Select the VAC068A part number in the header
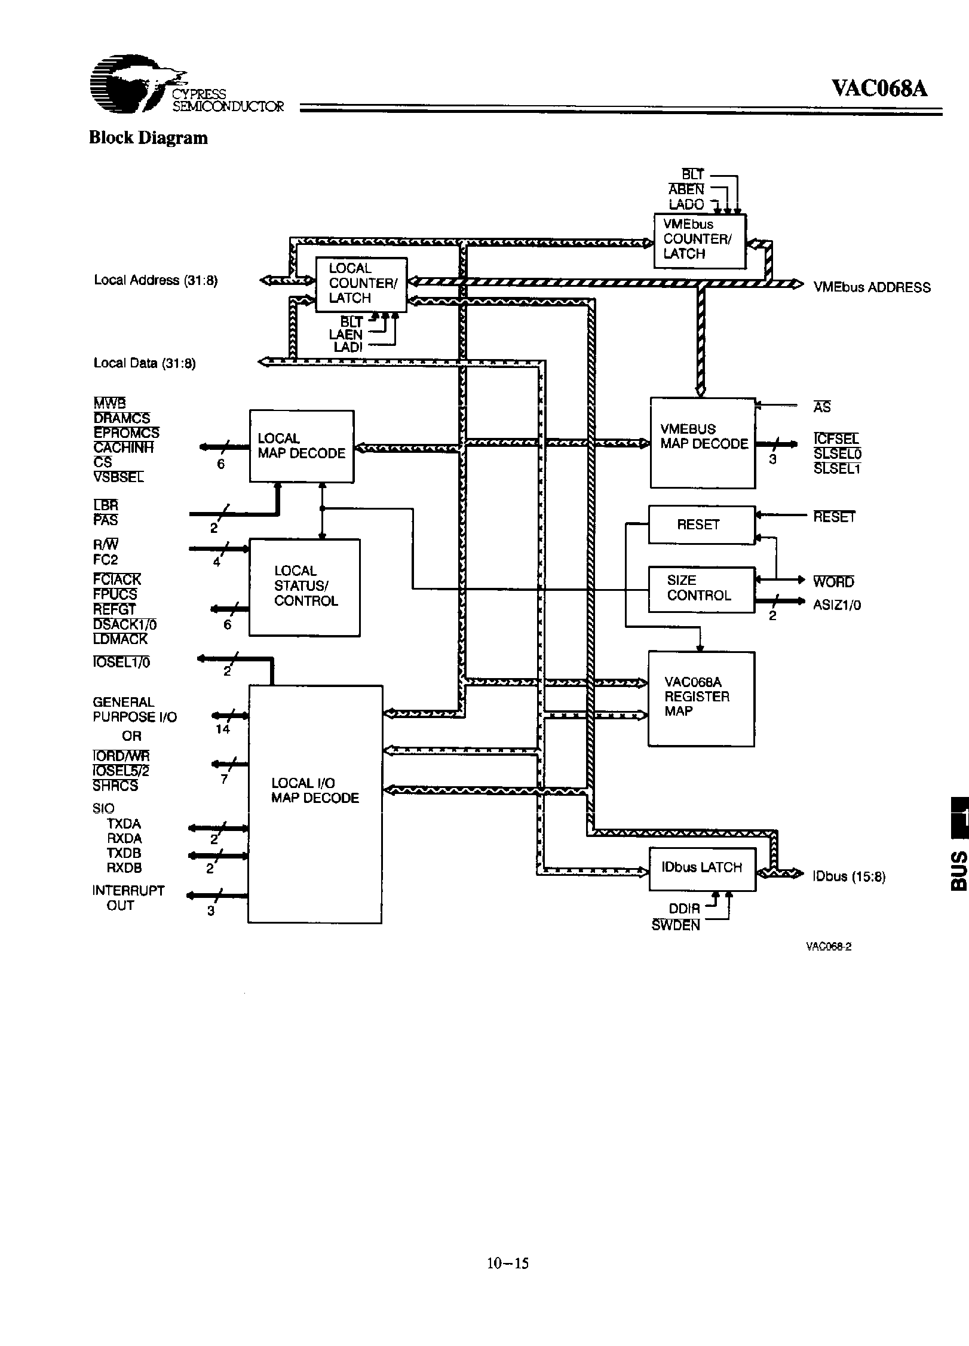click(x=879, y=88)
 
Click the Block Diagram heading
click(x=148, y=138)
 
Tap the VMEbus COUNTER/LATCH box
click(x=699, y=241)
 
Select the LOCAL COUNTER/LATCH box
click(x=361, y=284)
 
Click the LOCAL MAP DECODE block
click(x=301, y=446)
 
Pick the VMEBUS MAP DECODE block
click(x=703, y=442)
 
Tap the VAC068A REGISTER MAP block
click(x=701, y=698)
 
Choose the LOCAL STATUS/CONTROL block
click(x=304, y=587)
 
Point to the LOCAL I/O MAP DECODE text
click(x=315, y=790)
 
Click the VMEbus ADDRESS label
click(x=872, y=288)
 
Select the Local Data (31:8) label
click(x=145, y=363)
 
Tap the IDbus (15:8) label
click(x=848, y=877)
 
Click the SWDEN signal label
click(x=675, y=925)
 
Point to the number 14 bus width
click(x=223, y=729)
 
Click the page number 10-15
click(x=508, y=1263)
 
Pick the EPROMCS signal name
click(x=126, y=433)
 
